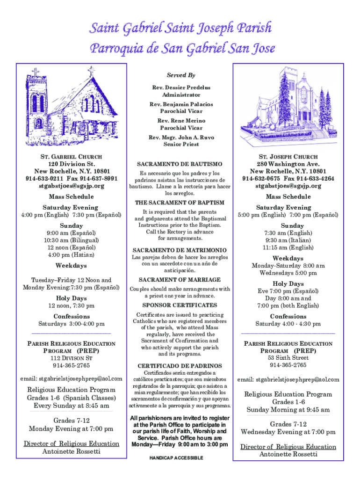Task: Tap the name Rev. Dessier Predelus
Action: tap(180, 87)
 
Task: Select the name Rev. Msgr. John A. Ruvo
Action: tap(180, 137)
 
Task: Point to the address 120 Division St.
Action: tap(72, 164)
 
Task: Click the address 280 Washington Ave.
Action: tap(288, 164)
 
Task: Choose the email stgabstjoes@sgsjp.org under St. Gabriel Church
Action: tap(72, 186)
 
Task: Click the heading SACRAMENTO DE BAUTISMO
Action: tap(180, 164)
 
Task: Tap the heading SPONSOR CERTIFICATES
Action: tap(180, 305)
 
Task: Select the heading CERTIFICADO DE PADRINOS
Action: tap(180, 365)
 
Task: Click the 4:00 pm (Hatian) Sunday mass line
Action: tap(72, 255)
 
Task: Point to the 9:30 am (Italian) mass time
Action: tap(288, 240)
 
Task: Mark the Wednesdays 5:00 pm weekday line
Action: tap(288, 273)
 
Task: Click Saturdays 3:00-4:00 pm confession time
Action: tap(72, 324)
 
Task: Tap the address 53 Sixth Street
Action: tap(288, 358)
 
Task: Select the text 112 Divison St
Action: tap(72, 358)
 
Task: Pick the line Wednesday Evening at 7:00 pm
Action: tap(288, 432)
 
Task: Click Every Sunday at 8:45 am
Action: tap(72, 406)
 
